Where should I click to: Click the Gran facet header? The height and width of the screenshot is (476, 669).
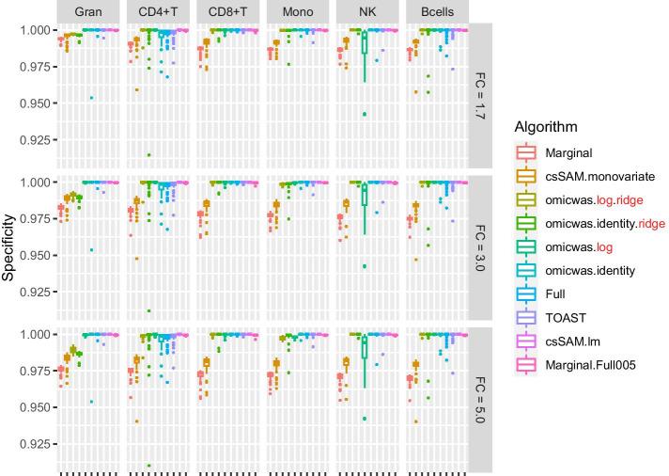point(88,11)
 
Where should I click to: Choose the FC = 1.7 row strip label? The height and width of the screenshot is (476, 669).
point(479,94)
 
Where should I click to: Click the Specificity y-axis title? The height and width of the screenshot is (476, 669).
point(9,246)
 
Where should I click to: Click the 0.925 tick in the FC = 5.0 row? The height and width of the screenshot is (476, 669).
point(30,443)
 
